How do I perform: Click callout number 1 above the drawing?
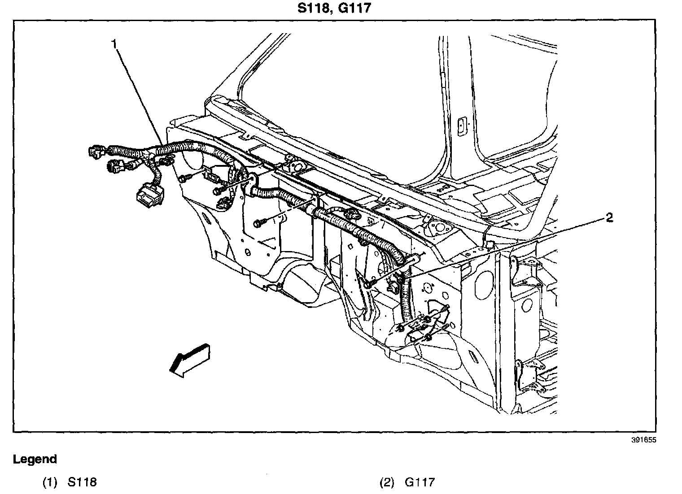click(x=115, y=44)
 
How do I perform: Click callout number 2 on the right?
click(x=609, y=218)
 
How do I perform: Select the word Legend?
click(x=35, y=459)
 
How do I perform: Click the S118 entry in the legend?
click(x=82, y=482)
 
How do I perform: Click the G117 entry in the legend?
click(x=420, y=482)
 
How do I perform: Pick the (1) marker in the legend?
click(x=50, y=482)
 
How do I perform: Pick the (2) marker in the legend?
click(x=387, y=482)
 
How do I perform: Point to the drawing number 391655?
click(x=643, y=440)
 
